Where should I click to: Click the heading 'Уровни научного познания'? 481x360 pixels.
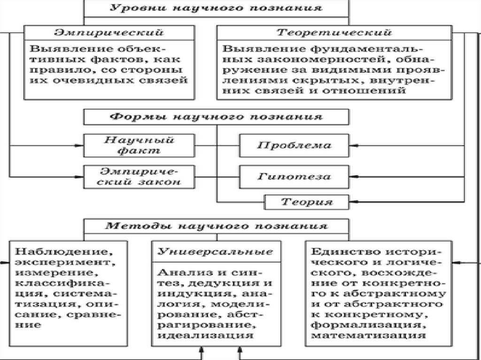[216, 8]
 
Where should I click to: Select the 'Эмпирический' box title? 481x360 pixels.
[109, 33]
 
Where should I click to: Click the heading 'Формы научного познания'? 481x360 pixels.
[216, 116]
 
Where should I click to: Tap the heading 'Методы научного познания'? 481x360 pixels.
[216, 226]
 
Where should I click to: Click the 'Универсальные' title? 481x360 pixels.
[216, 250]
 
